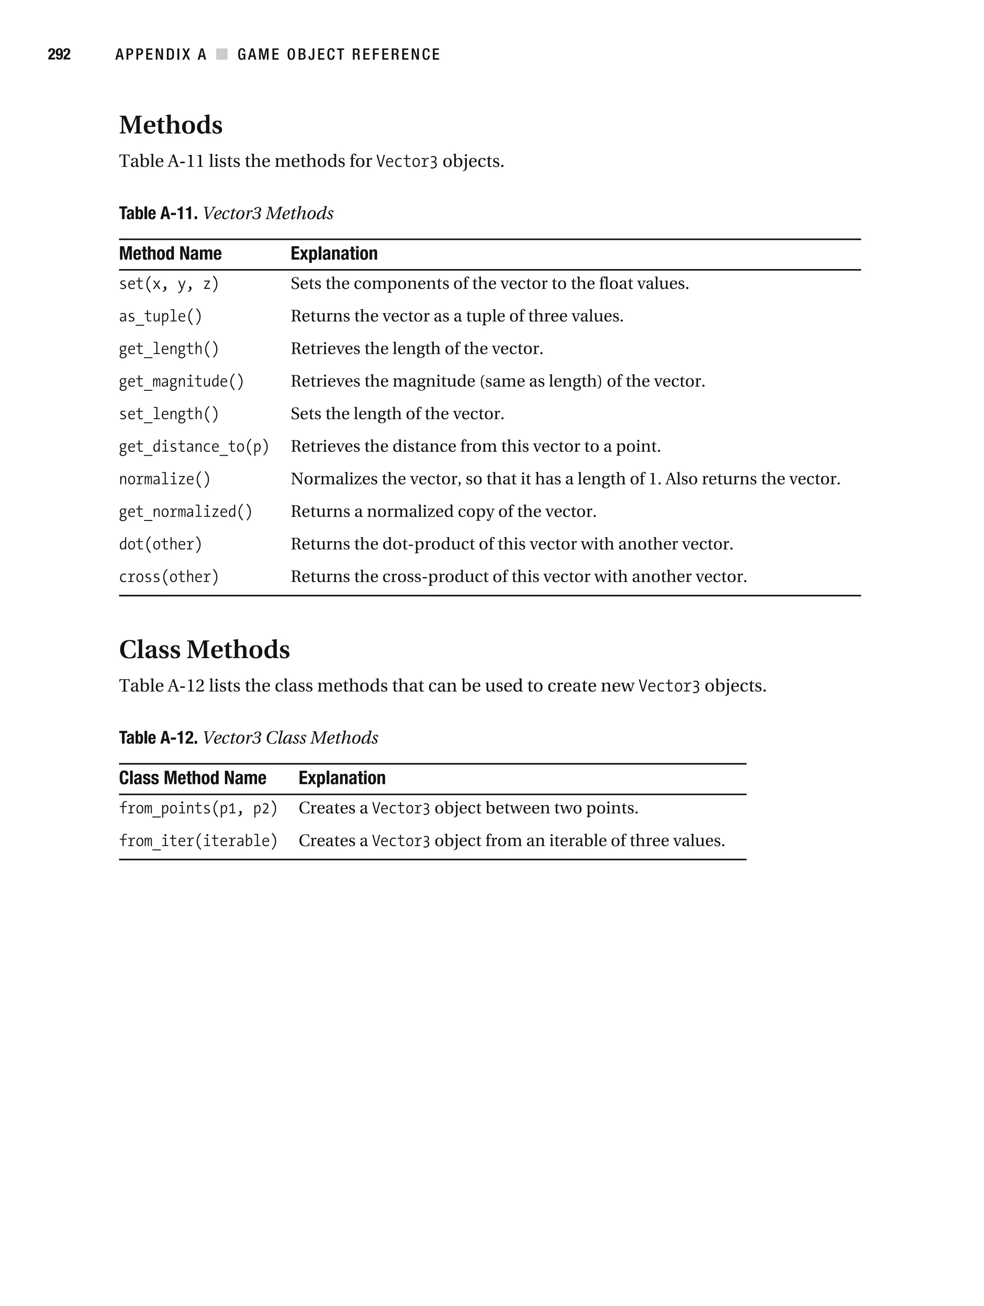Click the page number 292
[x=59, y=55]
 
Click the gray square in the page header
[x=222, y=54]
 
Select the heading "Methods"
[x=171, y=125]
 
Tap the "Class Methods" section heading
[x=204, y=649]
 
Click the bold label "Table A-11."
[x=158, y=213]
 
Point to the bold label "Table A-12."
[x=158, y=737]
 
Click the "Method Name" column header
[x=170, y=253]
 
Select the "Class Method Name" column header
[x=193, y=778]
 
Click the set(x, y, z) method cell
[x=169, y=284]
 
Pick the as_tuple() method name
[x=160, y=316]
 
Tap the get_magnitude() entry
[x=181, y=381]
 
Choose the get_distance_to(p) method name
[x=194, y=447]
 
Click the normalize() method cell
[x=165, y=479]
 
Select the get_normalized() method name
[x=185, y=511]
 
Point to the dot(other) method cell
[x=160, y=544]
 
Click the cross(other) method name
[x=169, y=576]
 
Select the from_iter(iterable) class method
[x=198, y=840]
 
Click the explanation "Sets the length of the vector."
[x=397, y=413]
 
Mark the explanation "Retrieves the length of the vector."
[x=417, y=348]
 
